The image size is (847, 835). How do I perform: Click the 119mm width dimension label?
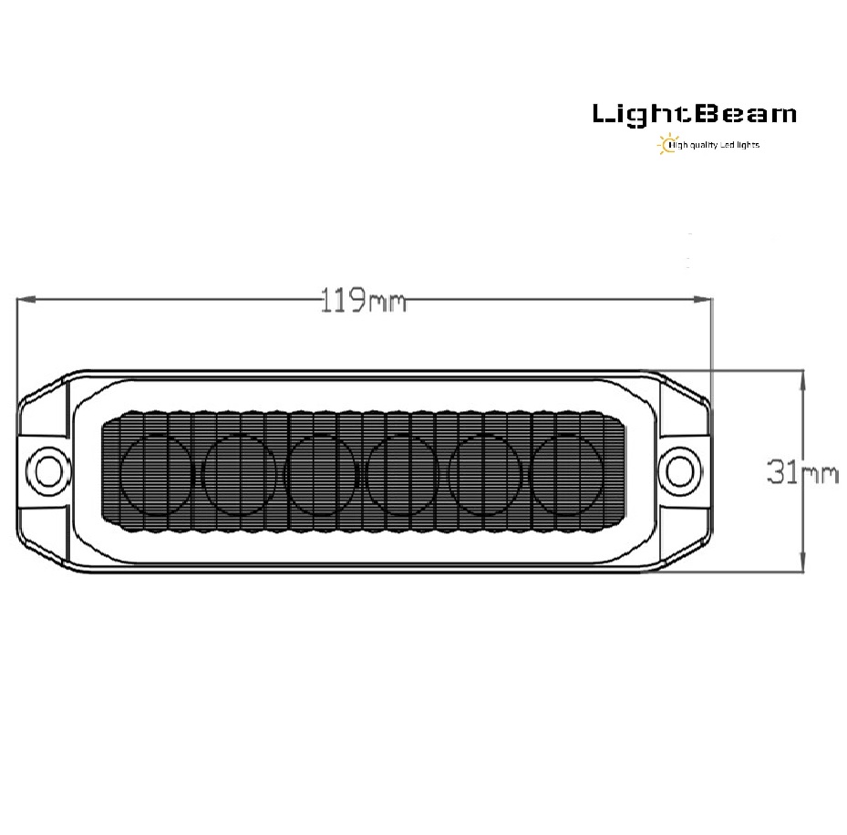click(363, 300)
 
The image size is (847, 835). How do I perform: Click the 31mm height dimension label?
click(802, 471)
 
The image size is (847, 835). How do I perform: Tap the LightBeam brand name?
click(695, 115)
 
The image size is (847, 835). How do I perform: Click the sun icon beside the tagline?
click(667, 144)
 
